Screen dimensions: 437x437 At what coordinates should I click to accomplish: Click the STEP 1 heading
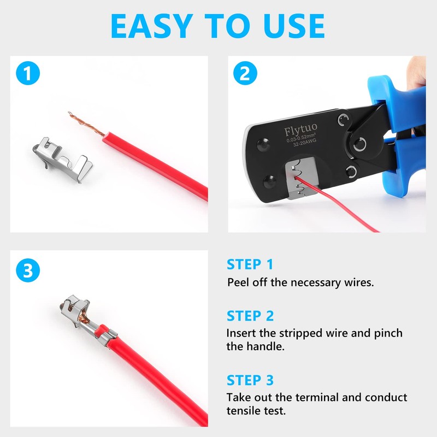click(x=250, y=265)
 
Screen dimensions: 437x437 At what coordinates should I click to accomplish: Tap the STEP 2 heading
click(x=250, y=316)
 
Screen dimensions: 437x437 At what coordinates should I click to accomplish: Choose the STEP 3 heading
click(x=250, y=380)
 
